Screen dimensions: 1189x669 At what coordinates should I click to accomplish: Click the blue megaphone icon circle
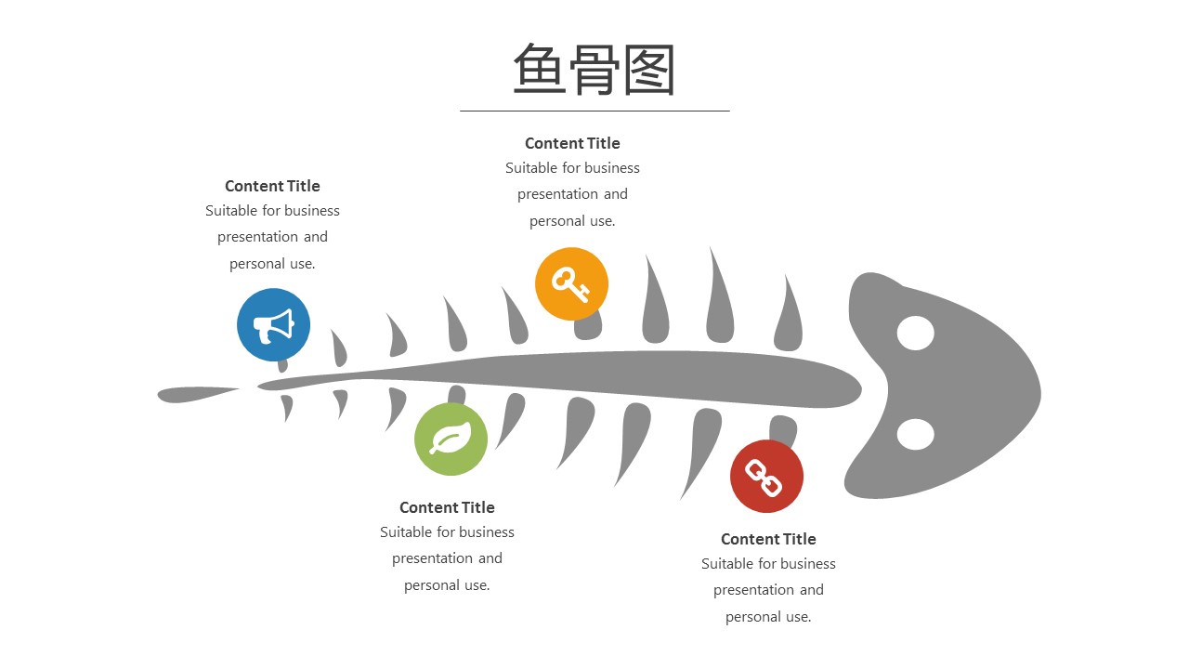click(273, 325)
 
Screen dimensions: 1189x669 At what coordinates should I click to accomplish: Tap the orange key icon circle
click(571, 283)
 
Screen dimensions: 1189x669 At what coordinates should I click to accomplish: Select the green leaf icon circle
click(451, 439)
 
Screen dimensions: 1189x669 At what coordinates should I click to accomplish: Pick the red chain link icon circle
click(766, 477)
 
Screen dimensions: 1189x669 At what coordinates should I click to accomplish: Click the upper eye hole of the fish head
click(916, 334)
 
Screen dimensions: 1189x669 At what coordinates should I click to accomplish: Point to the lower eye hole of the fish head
click(916, 434)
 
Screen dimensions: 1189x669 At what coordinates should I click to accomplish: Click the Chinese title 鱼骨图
click(594, 70)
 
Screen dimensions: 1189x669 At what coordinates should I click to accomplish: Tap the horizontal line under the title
click(594, 111)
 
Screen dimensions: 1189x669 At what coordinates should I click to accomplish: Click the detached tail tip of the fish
click(198, 394)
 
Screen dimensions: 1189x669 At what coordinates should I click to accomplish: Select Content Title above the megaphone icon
click(272, 186)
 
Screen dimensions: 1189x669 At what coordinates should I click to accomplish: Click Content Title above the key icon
click(572, 143)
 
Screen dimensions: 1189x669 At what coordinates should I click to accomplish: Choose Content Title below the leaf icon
click(447, 507)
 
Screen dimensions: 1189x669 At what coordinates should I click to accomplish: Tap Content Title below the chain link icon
click(768, 539)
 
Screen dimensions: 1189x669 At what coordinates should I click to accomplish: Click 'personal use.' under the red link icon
click(768, 617)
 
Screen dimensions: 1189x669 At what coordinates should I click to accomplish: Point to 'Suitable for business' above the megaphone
click(272, 211)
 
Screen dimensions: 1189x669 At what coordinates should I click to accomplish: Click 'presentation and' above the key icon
click(572, 194)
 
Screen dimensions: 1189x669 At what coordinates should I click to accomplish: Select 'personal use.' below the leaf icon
click(447, 585)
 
